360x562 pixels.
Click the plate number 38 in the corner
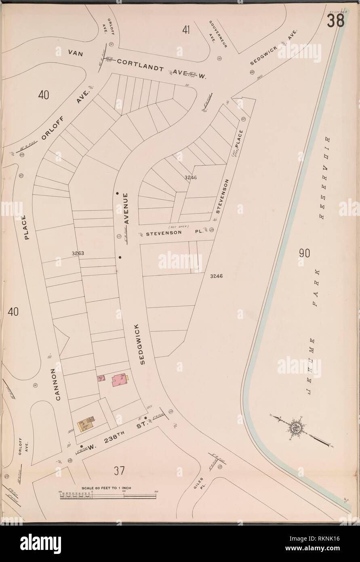coord(336,21)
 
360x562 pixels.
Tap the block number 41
coord(186,30)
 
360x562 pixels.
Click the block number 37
coord(119,471)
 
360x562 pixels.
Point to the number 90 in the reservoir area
coord(304,254)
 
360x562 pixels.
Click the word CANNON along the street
coord(57,384)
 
